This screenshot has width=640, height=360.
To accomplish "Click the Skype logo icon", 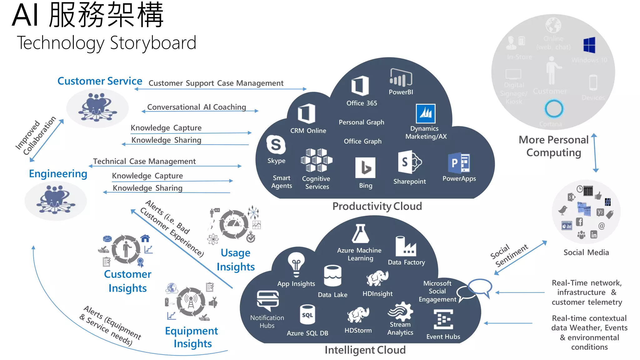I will pos(276,145).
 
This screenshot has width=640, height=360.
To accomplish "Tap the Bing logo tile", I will pos(365,167).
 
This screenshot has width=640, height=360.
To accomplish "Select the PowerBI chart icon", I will pos(401,77).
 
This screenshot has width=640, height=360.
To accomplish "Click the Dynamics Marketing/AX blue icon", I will pos(425,113).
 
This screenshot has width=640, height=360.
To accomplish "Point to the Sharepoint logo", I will pos(409,162).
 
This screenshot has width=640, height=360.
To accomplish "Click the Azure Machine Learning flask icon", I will pos(360,234).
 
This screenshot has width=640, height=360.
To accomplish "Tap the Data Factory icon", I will pos(406,246).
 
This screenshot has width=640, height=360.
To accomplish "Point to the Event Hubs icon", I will pos(443,319).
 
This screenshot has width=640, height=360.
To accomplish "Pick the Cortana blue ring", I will pos(554,108).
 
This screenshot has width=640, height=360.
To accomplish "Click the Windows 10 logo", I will pos(589,45).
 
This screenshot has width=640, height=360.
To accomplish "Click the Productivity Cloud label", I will pos(377,206).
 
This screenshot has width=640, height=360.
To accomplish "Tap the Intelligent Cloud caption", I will pos(365,350).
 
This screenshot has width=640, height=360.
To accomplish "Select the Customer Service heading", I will pos(100,81).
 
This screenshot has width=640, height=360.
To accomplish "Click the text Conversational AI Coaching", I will pos(197,107).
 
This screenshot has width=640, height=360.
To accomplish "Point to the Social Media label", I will pos(586,252).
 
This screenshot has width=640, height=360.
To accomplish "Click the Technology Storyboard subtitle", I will pos(107,43).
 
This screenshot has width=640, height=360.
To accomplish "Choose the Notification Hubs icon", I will pos(267,301).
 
